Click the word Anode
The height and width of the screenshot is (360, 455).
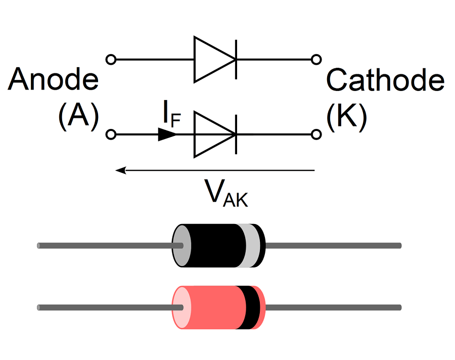(x=53, y=80)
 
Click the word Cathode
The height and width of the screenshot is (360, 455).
(x=385, y=80)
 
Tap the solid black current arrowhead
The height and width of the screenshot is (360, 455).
(x=167, y=134)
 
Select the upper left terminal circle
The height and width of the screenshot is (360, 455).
(x=111, y=60)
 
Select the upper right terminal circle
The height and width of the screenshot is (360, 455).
(x=316, y=60)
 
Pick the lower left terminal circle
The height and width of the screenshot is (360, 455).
(x=111, y=134)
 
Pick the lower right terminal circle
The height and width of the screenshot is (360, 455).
(x=316, y=134)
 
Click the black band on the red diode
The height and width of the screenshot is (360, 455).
(x=252, y=307)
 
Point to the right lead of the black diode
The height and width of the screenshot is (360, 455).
(x=334, y=246)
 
